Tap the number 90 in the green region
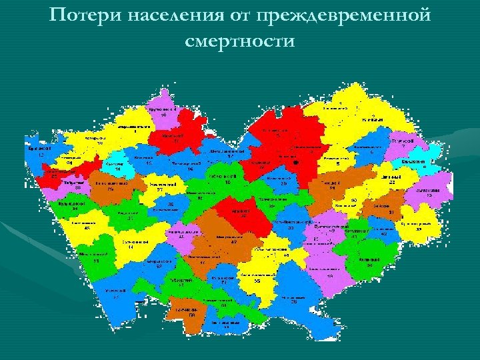click(x=369, y=265)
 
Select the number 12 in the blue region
click(x=41, y=155)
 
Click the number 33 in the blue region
click(x=291, y=228)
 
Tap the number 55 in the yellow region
click(x=256, y=281)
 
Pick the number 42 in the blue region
click(x=384, y=234)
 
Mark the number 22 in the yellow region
click(x=393, y=182)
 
